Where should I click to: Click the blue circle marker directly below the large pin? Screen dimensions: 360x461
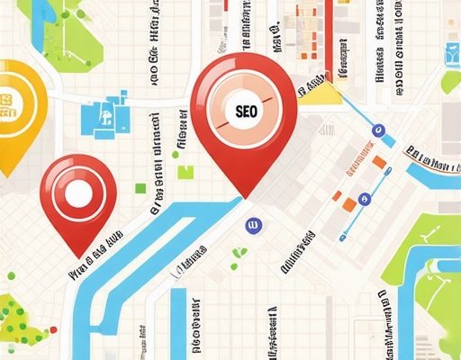253,223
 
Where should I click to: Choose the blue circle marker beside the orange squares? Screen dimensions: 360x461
364,199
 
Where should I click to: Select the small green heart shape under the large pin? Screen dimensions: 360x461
240,253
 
